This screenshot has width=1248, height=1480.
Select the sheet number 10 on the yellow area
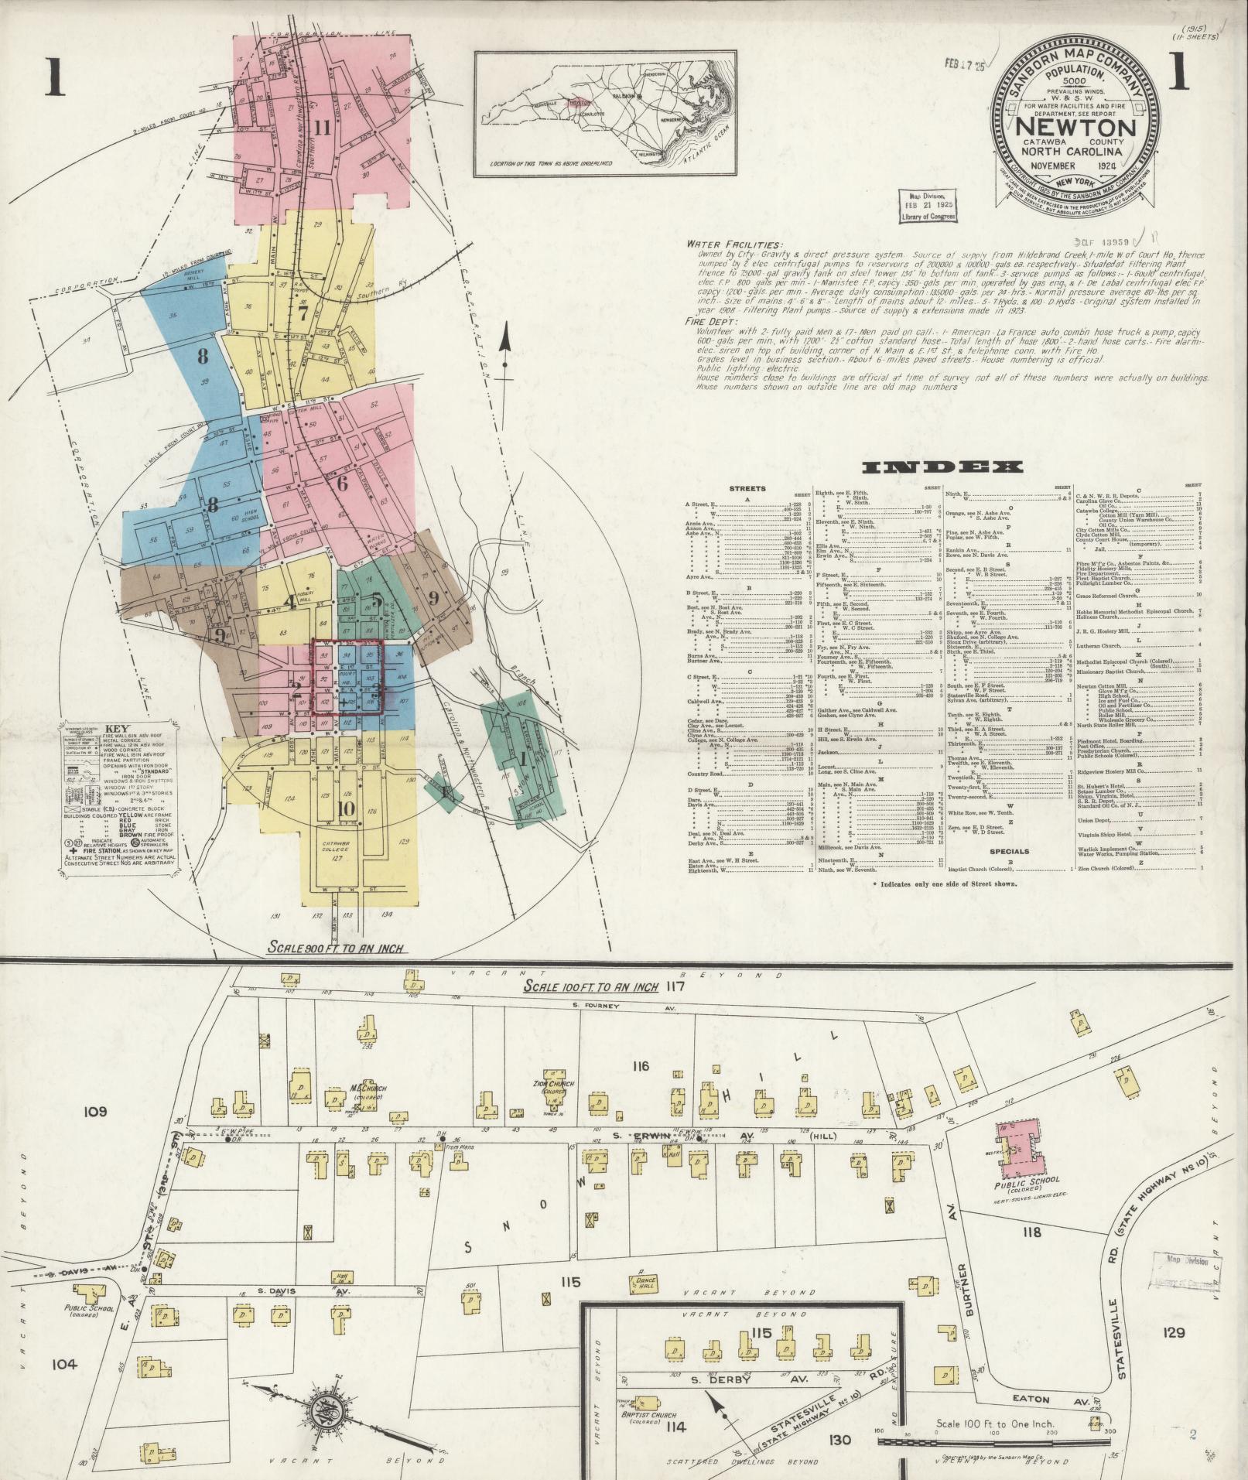pyautogui.click(x=346, y=808)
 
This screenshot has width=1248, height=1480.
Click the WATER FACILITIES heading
pyautogui.click(x=734, y=244)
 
